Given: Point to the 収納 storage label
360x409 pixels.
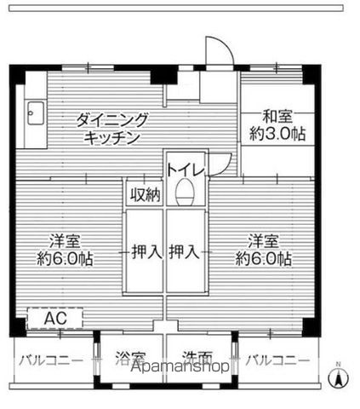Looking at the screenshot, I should (x=145, y=194).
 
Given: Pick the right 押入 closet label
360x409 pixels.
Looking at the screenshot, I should (x=186, y=251).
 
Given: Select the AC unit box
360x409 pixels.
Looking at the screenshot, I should (x=54, y=318).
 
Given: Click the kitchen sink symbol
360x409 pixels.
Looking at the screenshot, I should (x=35, y=111).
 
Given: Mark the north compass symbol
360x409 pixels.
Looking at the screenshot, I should (x=338, y=377).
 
